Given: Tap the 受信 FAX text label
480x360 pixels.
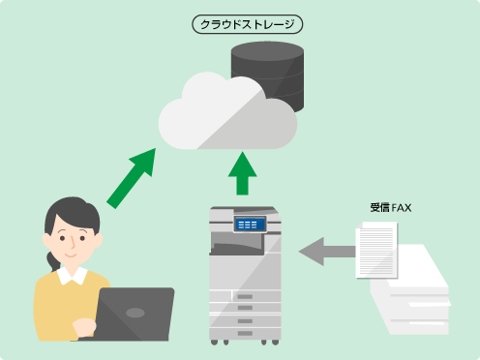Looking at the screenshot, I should coord(391,207).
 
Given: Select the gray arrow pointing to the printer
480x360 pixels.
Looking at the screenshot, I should coord(327,253).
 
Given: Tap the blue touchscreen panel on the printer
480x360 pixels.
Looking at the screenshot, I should coord(249,225).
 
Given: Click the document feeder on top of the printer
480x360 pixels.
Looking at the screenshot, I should coord(244,213).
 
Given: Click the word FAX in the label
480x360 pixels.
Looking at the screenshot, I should coord(404,207).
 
